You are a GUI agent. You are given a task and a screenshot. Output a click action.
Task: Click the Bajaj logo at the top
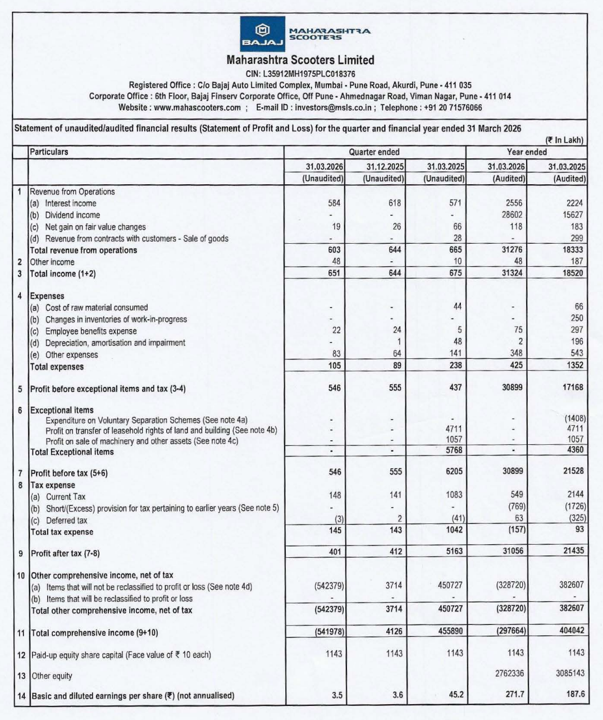262,34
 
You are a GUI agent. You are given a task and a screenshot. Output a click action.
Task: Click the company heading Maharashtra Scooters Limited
300,60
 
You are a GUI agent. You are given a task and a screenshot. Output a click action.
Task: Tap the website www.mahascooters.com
197,107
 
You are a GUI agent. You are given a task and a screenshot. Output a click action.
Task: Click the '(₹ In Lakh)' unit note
564,140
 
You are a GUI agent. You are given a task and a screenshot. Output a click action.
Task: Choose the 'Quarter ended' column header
374,152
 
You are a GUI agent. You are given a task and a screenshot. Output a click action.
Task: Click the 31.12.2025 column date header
385,167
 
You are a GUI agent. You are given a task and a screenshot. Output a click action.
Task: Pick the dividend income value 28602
512,215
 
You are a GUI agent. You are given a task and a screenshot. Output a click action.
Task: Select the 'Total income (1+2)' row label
63,274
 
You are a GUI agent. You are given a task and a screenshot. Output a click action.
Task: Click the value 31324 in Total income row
512,273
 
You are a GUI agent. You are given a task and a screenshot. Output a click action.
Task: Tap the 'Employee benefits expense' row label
91,331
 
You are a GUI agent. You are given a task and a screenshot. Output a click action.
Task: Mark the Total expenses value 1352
573,365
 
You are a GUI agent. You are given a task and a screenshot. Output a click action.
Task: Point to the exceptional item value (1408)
574,418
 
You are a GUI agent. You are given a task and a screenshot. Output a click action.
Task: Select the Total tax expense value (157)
516,530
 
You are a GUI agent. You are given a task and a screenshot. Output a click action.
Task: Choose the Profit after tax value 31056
513,551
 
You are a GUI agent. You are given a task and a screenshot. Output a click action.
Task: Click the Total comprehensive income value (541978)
329,631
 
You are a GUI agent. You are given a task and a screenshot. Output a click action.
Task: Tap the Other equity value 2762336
509,673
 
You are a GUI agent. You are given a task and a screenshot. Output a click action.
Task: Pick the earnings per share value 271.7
514,694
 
